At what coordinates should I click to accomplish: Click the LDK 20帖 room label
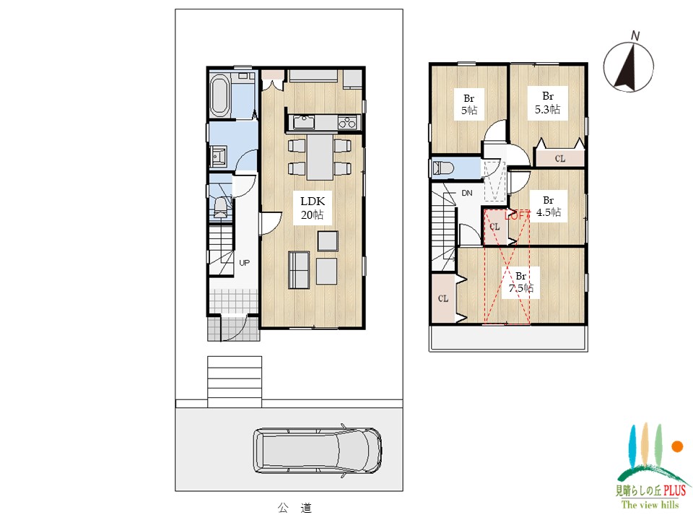(313, 208)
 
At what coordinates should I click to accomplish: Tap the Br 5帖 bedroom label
(469, 104)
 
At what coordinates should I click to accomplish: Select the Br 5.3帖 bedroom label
(548, 103)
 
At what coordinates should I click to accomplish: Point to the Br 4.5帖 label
(549, 207)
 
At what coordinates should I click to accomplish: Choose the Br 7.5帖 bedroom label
(521, 282)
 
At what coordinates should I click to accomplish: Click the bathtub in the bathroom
(219, 96)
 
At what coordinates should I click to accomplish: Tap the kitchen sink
(304, 122)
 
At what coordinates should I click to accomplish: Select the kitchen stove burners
(347, 122)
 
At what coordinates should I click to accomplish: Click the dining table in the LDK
(320, 157)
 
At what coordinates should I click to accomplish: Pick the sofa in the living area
(299, 269)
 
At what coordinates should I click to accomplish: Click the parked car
(318, 451)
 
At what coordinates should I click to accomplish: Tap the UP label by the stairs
(245, 263)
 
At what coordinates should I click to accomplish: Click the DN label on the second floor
(467, 194)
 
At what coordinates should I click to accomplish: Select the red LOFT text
(518, 215)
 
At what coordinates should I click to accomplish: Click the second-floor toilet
(443, 168)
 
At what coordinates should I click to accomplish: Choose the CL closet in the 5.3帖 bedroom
(559, 158)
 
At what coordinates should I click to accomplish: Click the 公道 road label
(295, 508)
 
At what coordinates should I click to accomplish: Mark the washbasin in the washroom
(218, 157)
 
